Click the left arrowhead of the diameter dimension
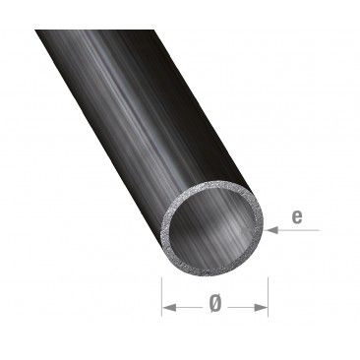pos(168,308)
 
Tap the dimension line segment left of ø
pos(187,308)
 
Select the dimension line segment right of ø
pos(244,308)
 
